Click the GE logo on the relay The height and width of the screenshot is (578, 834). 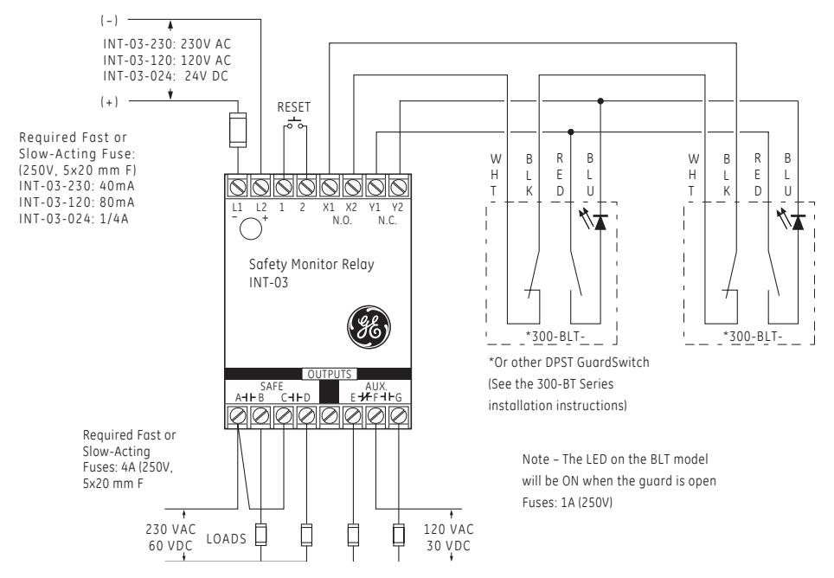pos(369,327)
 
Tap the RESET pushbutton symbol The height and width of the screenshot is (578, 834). pos(295,124)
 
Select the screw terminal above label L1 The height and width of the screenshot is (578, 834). pos(237,187)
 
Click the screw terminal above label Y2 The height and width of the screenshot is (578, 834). pos(398,187)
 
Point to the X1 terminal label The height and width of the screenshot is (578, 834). pos(329,208)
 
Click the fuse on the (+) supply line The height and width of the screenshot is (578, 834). pos(238,130)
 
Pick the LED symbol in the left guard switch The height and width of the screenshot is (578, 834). pos(595,219)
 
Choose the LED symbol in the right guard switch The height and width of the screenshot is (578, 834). pos(792,219)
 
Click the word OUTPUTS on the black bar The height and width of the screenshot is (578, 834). pos(330,374)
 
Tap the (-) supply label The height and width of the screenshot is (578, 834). pos(109,20)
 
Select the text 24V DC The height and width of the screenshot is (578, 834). pos(206,76)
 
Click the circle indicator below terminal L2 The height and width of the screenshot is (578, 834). pos(251,228)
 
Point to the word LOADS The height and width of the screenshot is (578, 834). pos(226,539)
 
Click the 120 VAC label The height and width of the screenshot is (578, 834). pos(448,529)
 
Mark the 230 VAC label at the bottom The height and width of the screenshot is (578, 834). pos(170,529)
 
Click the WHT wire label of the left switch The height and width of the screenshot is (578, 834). pos(495,175)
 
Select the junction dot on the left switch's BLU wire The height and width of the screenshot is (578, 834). pos(600,100)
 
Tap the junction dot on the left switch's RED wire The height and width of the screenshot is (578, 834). pos(571,132)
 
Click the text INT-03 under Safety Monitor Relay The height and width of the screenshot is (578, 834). pos(268,282)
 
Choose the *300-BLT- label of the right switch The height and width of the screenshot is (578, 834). pos(752,336)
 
